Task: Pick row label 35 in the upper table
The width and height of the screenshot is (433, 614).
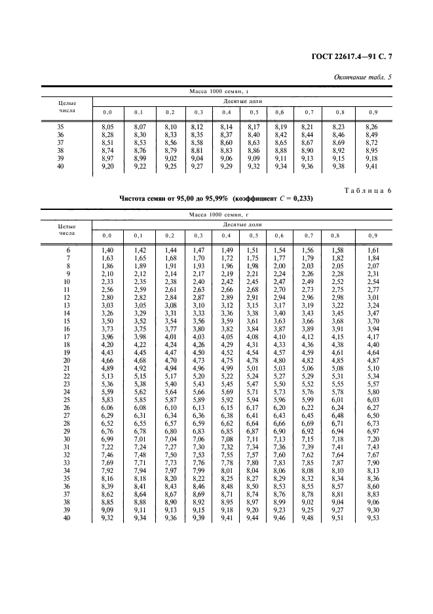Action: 60,126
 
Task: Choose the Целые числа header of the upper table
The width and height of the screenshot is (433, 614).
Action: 67,107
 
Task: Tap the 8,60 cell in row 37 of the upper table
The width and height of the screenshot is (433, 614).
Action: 227,142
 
